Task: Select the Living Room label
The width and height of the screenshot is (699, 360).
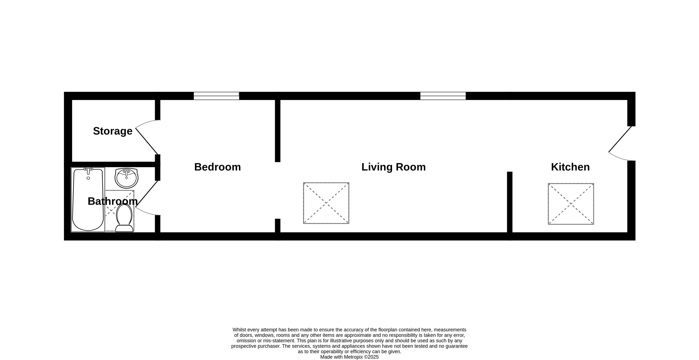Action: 393,167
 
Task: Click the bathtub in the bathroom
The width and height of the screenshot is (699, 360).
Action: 88,200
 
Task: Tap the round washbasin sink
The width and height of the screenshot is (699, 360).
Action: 126,178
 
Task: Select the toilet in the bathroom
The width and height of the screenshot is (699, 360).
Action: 124,218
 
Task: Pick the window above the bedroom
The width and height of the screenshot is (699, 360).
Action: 216,96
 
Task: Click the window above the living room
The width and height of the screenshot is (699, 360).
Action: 443,96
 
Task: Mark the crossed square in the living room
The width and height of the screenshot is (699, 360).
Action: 326,203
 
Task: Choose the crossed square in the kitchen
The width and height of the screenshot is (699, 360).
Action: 571,204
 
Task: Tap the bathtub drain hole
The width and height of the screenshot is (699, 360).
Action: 88,178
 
